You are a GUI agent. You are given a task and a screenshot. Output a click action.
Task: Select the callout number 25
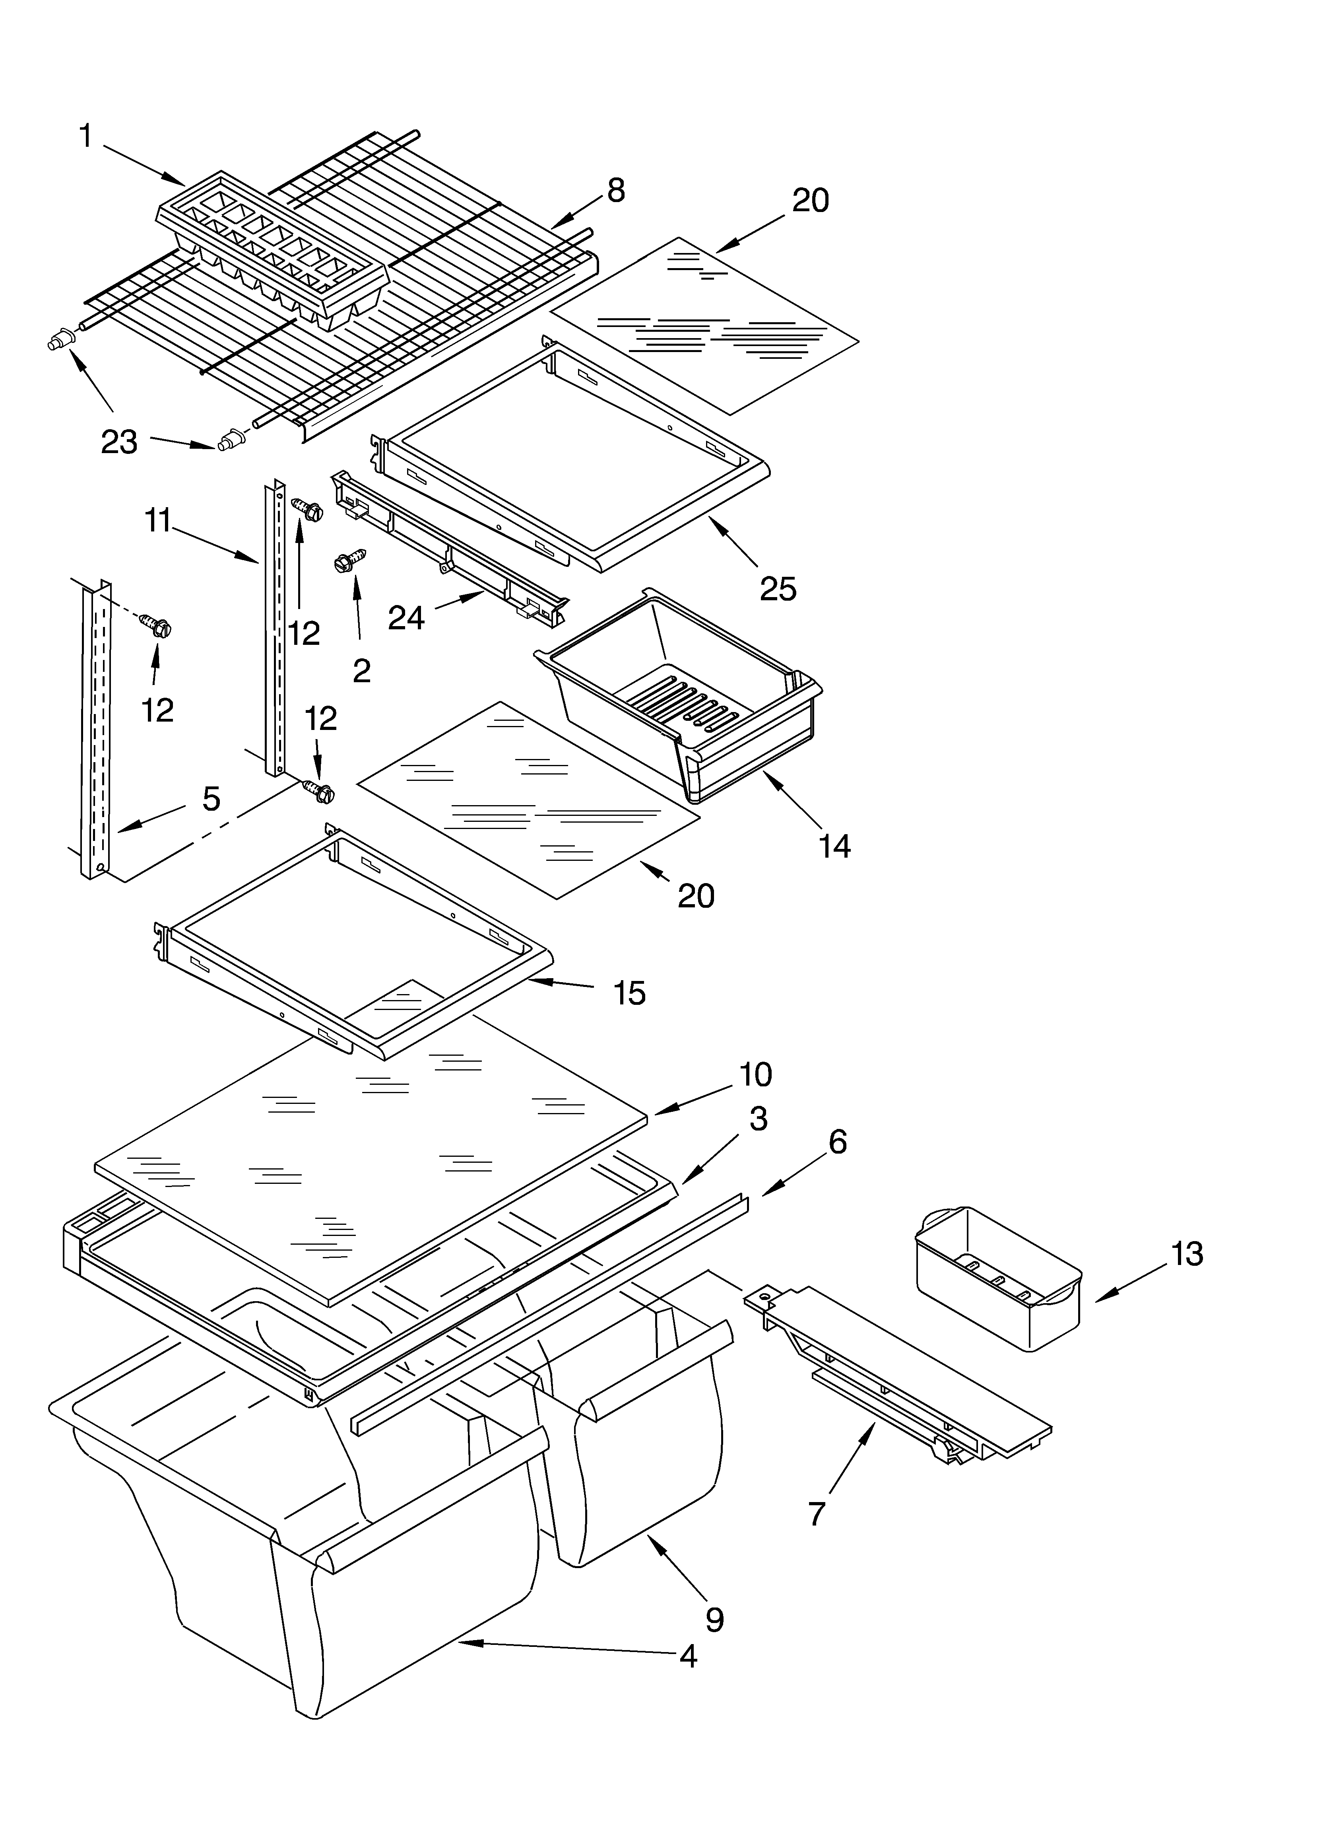click(777, 589)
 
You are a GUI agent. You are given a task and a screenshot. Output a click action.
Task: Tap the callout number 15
click(629, 992)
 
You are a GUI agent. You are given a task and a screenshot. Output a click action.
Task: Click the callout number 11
click(158, 521)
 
